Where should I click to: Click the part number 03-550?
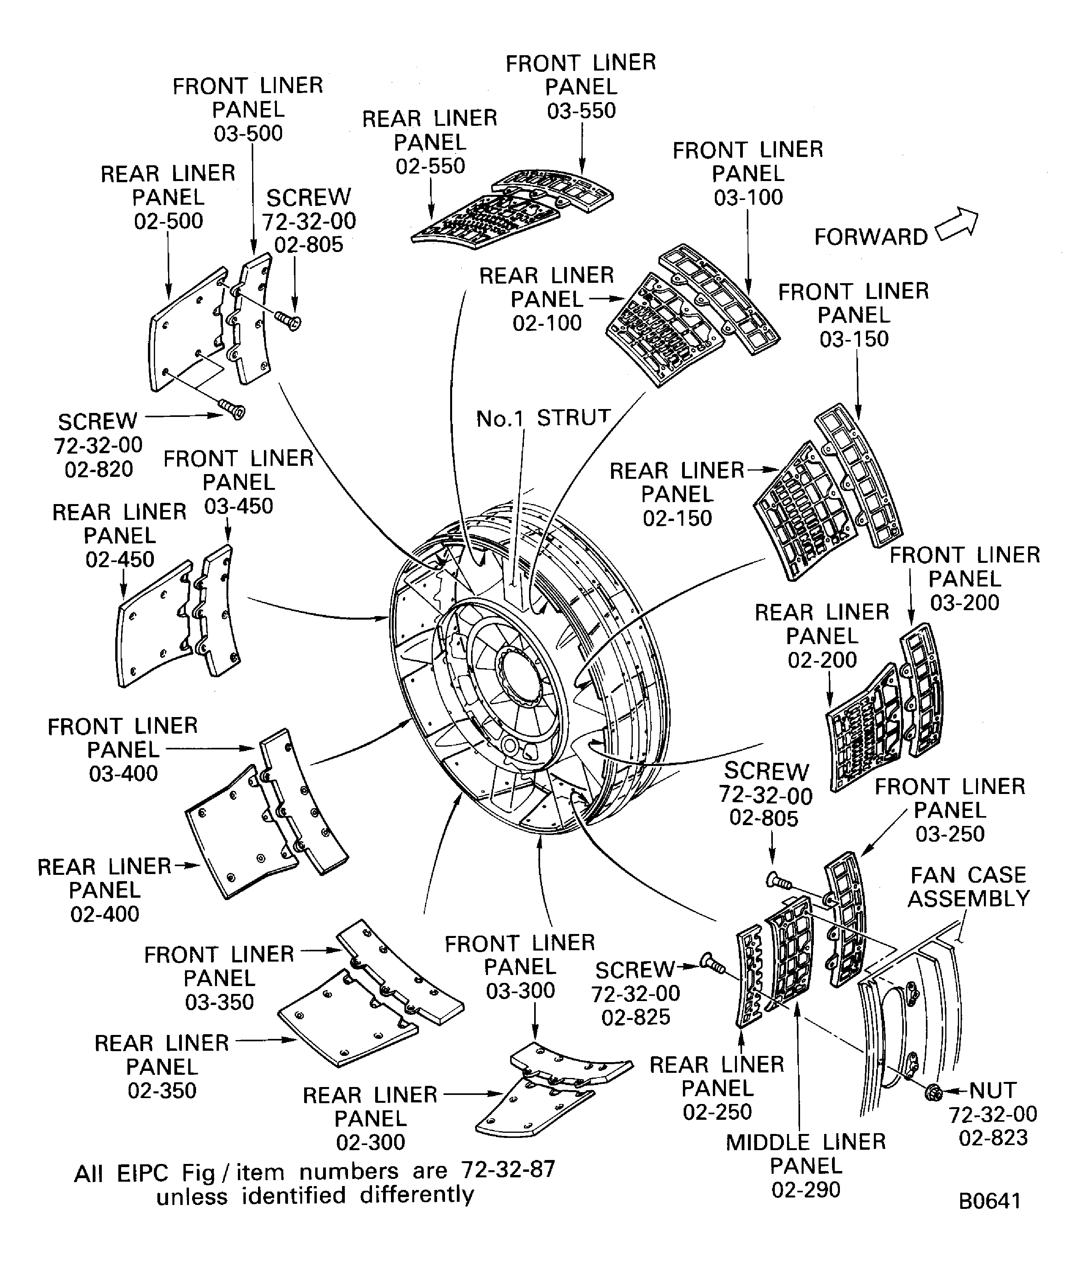click(x=581, y=111)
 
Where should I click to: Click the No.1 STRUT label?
click(x=543, y=418)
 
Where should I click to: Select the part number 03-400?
click(x=123, y=774)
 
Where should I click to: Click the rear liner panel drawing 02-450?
click(x=150, y=625)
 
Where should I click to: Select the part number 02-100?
click(x=547, y=323)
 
